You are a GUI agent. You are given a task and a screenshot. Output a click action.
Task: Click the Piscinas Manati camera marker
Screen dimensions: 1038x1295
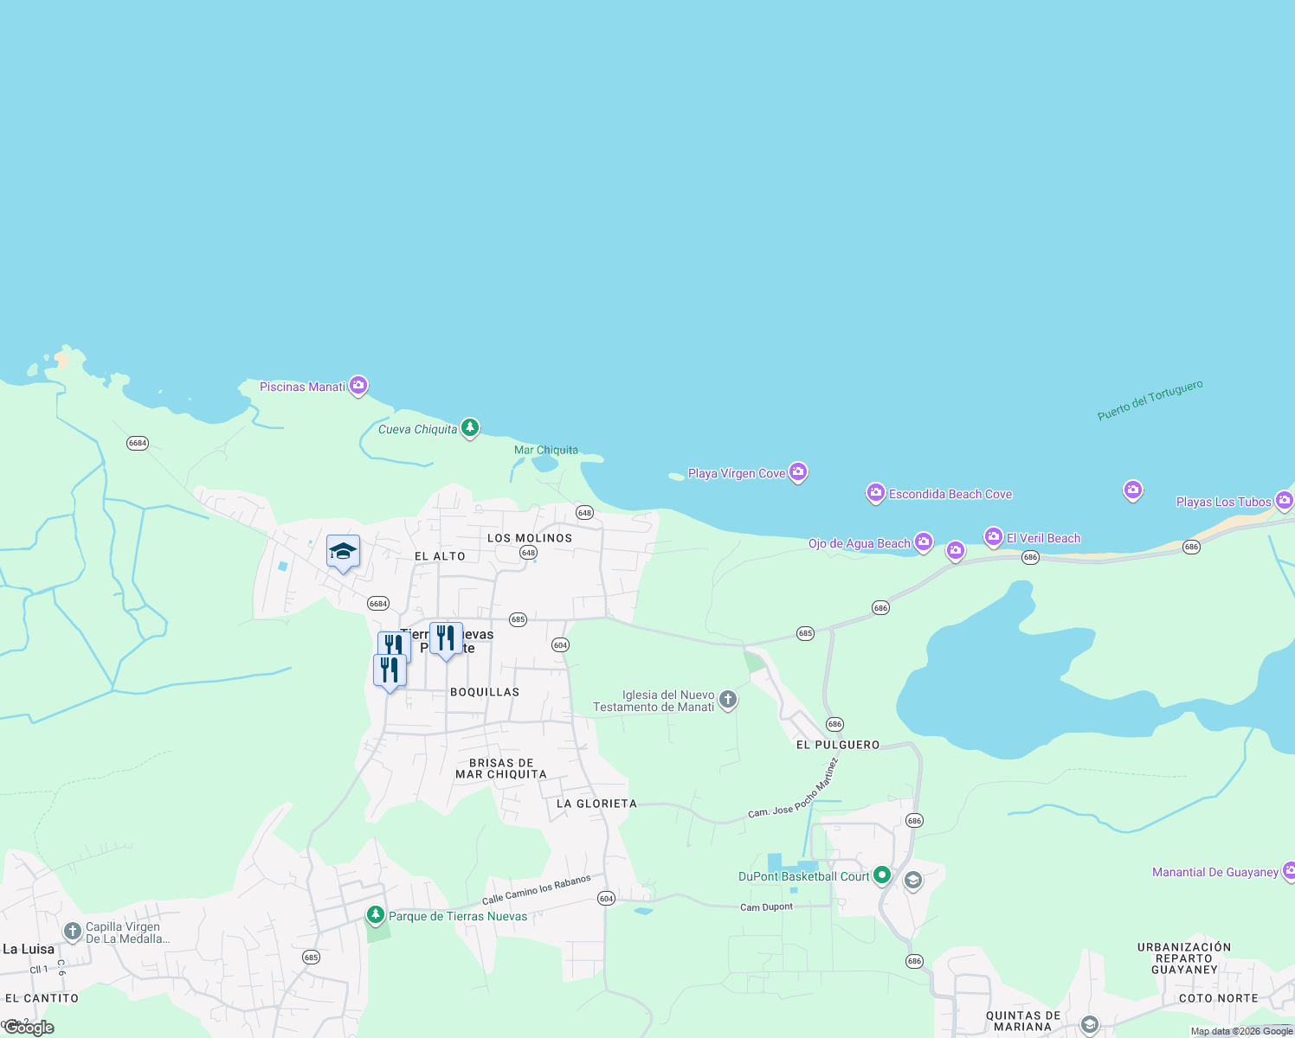(x=358, y=386)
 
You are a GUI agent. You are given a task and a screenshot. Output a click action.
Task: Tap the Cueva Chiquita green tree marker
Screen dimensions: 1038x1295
(x=470, y=427)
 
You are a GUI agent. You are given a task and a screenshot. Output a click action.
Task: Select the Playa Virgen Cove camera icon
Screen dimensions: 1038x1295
(x=798, y=472)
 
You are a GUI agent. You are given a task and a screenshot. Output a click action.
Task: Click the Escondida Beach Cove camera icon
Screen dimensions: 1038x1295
(x=876, y=493)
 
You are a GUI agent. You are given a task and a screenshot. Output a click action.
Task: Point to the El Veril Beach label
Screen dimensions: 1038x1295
(x=1043, y=538)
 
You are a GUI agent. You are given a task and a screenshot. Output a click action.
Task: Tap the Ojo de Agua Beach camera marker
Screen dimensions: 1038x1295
(x=924, y=542)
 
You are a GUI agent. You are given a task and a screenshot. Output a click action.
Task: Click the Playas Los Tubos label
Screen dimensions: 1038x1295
(x=1223, y=502)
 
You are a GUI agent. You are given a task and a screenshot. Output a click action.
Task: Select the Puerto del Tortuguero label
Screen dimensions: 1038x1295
(x=1150, y=400)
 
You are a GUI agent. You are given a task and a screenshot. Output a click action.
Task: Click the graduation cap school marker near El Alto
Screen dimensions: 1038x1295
(x=343, y=551)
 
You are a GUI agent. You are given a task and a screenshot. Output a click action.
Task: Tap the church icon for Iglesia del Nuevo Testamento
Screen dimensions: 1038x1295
(x=728, y=699)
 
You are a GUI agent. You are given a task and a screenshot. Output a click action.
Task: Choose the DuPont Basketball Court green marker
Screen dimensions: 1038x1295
(x=882, y=875)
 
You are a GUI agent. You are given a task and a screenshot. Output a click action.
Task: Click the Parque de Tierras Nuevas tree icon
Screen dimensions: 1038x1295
(x=375, y=914)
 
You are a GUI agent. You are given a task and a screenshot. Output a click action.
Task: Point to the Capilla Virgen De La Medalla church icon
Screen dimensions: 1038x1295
(x=73, y=932)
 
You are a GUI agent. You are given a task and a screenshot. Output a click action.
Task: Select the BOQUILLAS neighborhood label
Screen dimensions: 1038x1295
(x=485, y=692)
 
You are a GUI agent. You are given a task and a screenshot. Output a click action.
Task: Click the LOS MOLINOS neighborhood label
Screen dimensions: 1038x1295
(x=530, y=538)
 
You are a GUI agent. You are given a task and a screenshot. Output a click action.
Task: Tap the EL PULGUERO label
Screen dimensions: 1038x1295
(x=838, y=745)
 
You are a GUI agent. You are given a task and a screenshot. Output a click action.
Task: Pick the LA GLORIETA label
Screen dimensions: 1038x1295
(x=596, y=804)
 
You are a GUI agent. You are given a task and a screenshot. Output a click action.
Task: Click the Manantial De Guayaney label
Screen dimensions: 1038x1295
(x=1214, y=872)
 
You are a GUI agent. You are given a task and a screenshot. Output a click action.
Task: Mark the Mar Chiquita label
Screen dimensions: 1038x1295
(x=546, y=450)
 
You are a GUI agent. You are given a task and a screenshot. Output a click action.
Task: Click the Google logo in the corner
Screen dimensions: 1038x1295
(x=29, y=1028)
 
